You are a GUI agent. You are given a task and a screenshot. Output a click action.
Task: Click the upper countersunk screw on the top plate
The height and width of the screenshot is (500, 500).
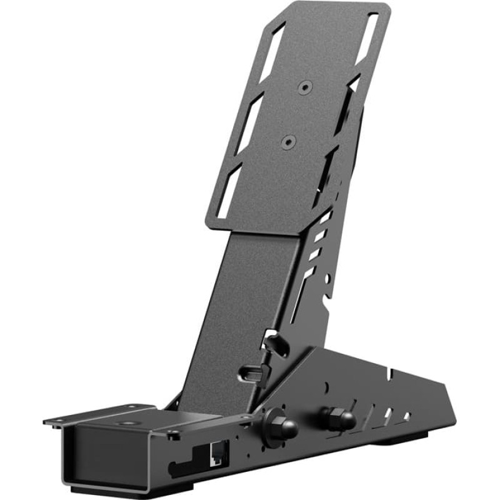click(304, 87)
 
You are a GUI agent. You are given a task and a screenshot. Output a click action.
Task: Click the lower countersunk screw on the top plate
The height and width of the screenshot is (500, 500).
click(287, 142)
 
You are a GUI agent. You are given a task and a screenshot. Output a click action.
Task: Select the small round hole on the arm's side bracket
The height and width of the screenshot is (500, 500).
click(324, 274)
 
